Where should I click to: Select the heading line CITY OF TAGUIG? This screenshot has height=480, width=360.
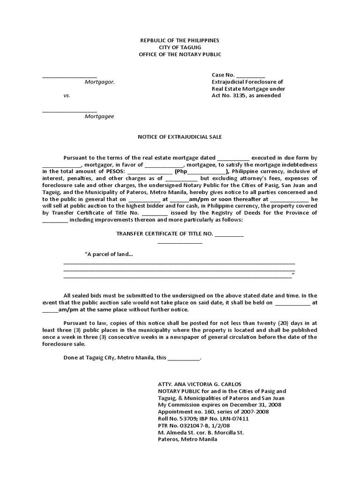pos(180,48)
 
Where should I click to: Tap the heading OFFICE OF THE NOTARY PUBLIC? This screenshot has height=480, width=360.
pos(180,55)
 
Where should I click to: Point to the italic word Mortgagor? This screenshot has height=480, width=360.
pos(99,82)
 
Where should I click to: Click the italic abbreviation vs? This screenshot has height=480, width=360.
pos(67,96)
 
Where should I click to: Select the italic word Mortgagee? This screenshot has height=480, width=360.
pos(99,117)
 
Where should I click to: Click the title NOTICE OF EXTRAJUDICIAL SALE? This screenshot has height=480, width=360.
pos(180,137)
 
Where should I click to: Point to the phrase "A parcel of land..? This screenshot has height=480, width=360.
pos(108,255)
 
